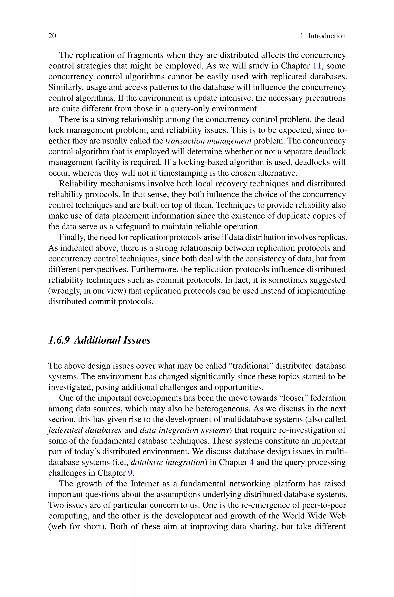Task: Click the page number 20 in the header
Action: point(52,36)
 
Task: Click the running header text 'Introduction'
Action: point(327,36)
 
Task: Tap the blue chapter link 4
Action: point(251,462)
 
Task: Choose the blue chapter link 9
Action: point(131,473)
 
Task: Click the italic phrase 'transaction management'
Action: point(208,141)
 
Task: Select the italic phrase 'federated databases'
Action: point(85,430)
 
